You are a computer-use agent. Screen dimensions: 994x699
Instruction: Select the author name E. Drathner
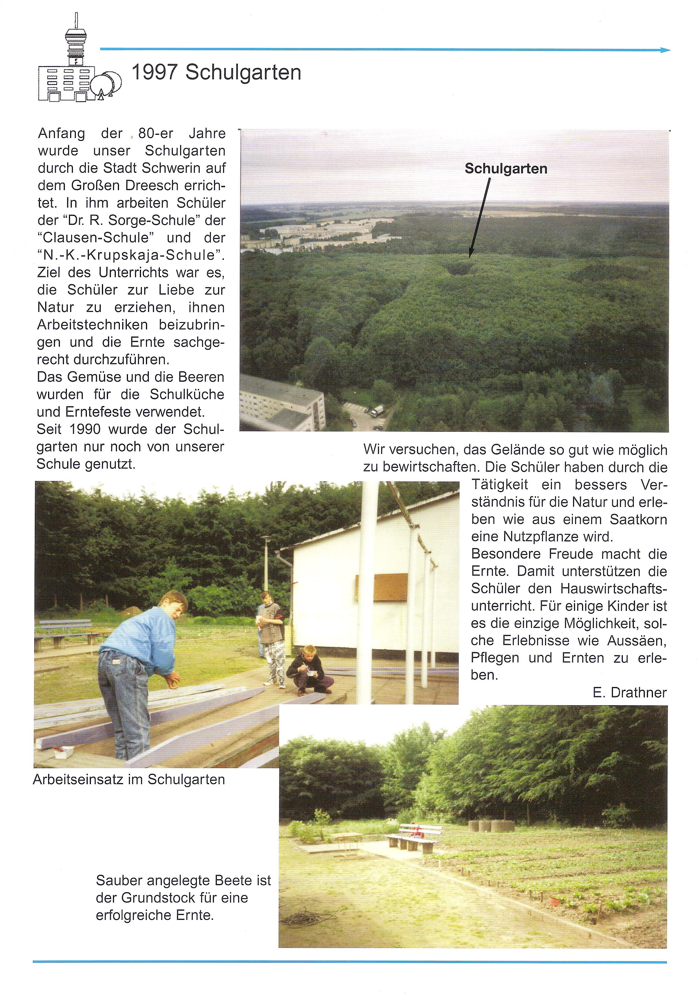(x=629, y=693)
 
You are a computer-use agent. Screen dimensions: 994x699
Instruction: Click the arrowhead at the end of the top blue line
(x=666, y=50)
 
